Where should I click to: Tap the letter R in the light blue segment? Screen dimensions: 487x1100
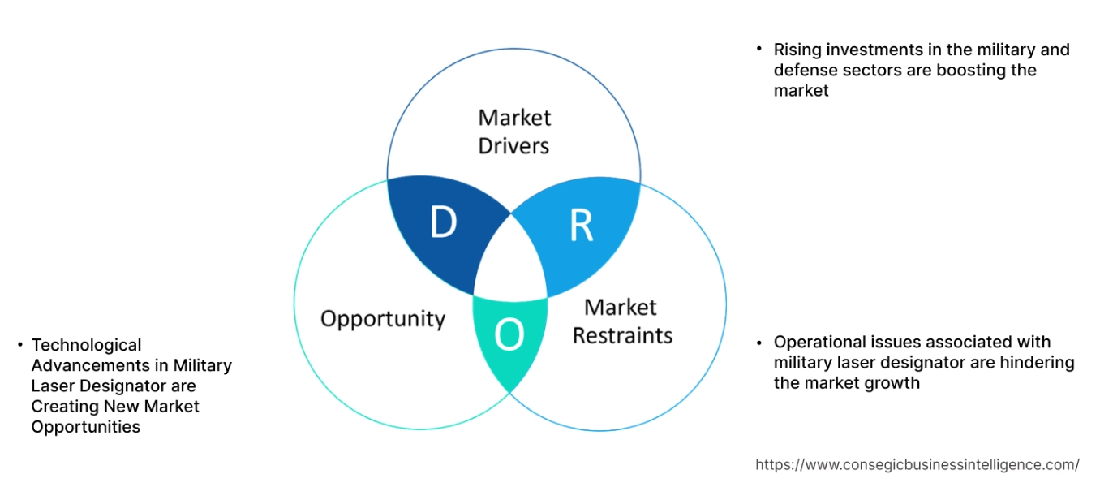pos(581,228)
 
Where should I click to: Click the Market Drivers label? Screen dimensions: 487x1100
pos(513,131)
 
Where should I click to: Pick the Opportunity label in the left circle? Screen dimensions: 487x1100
pos(383,318)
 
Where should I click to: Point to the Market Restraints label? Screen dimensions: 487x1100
pos(622,321)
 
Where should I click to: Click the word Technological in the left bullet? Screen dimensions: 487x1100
pos(86,345)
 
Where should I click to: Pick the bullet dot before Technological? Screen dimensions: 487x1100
pos(19,345)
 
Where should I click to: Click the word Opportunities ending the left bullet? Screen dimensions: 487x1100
pos(85,426)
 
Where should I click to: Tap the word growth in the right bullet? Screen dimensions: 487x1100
pos(895,382)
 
